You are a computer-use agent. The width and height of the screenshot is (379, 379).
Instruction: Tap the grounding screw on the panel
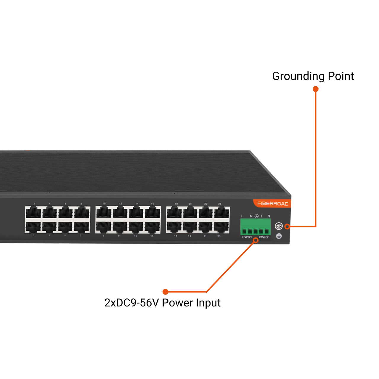[x=279, y=227]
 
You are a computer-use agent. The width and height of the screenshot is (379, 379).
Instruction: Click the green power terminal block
[x=256, y=227]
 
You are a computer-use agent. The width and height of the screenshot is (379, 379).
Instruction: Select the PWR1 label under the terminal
[x=247, y=237]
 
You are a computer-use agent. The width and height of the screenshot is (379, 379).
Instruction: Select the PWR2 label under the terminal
[x=264, y=237]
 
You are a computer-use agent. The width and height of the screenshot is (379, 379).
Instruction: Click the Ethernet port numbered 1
[x=33, y=227]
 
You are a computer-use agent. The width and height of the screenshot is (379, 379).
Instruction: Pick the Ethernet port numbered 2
[x=33, y=212]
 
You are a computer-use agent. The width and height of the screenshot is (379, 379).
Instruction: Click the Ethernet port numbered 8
[x=82, y=212]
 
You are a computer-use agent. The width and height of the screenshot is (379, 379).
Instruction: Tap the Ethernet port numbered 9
[x=104, y=227]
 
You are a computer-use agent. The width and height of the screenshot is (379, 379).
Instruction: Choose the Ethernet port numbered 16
[x=152, y=212]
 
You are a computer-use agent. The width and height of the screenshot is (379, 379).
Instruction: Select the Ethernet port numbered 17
[x=174, y=227]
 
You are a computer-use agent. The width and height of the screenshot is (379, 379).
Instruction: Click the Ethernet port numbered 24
[x=221, y=213]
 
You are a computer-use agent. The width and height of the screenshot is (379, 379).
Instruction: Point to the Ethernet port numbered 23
[x=221, y=227]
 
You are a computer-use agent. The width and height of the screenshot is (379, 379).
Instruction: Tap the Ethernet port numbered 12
[x=120, y=212]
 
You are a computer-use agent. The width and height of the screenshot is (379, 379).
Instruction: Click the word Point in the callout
[x=341, y=76]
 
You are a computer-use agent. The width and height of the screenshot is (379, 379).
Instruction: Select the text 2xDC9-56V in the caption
[x=132, y=303]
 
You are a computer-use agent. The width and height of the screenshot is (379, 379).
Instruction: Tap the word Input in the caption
[x=210, y=303]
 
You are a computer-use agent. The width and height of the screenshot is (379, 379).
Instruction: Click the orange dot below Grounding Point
[x=316, y=89]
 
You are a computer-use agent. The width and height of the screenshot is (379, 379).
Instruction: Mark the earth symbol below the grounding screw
[x=279, y=236]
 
